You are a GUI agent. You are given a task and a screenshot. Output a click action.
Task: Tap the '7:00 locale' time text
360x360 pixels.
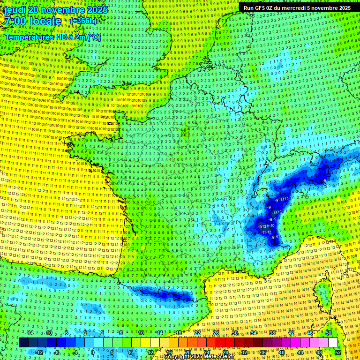33,22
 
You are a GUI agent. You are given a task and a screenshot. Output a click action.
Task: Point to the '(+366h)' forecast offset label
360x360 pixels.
83,21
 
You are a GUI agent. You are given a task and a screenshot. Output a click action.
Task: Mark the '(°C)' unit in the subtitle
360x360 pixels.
94,37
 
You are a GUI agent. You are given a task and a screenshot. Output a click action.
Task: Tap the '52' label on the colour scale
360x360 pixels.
338,352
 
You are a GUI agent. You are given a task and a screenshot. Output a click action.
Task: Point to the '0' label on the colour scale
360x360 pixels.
93,352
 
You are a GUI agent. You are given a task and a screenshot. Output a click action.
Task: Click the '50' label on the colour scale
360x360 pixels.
329,333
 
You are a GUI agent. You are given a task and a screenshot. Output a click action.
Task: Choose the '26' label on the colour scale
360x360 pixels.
216,333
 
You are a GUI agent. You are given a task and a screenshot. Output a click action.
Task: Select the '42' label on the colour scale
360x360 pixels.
291,333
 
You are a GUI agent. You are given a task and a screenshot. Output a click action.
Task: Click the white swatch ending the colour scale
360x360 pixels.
333,343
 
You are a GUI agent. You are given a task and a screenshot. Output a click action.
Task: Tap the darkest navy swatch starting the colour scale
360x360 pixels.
23,343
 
